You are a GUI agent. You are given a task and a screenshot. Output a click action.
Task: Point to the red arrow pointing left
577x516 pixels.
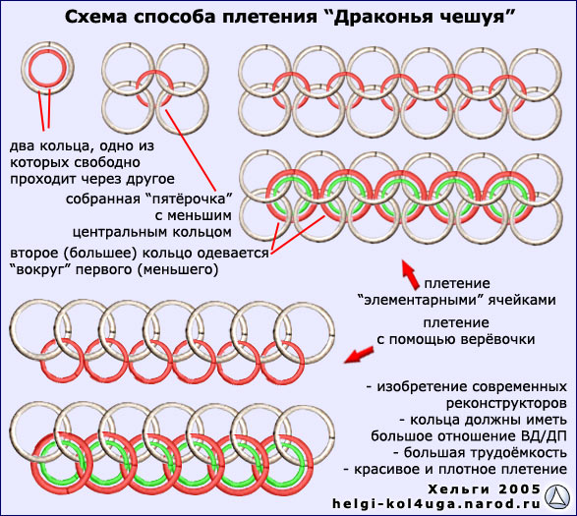[359, 355]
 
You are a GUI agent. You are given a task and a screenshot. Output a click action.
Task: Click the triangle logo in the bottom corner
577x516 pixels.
[558, 497]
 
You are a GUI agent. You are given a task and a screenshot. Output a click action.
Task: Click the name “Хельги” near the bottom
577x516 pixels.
[459, 489]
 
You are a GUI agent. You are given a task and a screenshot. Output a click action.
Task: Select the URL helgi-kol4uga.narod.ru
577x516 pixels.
[436, 504]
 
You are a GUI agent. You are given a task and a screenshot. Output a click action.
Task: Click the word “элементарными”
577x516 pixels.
[421, 300]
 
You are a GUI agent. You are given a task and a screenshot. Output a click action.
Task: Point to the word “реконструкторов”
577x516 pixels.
[506, 403]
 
